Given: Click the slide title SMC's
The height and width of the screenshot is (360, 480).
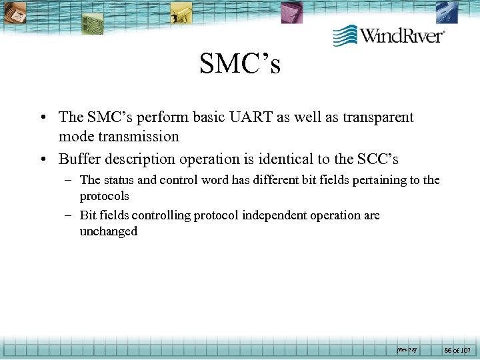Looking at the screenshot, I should click(239, 65).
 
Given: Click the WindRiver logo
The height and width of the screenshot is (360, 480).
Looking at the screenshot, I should click(389, 35).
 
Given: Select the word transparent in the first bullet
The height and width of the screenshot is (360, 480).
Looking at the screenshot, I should click(377, 117).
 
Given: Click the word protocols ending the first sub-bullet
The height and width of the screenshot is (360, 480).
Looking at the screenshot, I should click(105, 196).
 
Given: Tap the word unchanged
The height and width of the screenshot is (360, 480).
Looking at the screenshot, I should click(109, 231).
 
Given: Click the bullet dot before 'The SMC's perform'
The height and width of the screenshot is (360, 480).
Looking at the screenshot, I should click(43, 118).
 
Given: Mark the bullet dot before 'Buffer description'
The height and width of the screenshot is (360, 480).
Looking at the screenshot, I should click(43, 160).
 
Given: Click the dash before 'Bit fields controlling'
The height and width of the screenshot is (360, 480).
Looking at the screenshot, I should click(69, 215).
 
